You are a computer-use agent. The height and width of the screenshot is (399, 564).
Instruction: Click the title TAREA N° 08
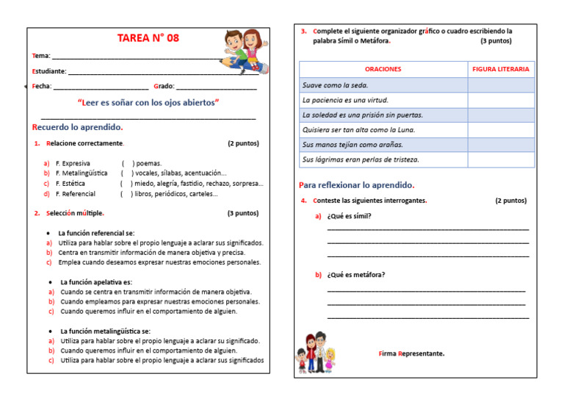click(x=148, y=38)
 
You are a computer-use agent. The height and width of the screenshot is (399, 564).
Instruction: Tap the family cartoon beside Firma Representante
click(x=316, y=351)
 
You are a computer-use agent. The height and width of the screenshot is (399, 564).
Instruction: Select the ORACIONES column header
click(x=383, y=69)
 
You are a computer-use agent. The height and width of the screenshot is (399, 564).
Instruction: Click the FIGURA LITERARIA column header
click(x=501, y=69)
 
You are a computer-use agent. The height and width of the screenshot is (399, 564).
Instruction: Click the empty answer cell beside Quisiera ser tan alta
click(x=501, y=130)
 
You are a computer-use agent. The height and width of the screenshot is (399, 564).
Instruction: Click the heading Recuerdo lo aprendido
click(x=77, y=127)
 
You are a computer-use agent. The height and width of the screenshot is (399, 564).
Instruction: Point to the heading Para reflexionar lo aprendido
click(x=356, y=185)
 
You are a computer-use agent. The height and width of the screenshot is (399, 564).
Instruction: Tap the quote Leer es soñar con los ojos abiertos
click(x=148, y=102)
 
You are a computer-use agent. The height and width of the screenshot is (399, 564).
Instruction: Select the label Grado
click(x=163, y=87)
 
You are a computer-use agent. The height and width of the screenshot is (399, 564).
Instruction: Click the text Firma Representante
click(x=411, y=353)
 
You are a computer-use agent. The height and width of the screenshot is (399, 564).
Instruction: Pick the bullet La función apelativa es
click(x=96, y=282)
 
